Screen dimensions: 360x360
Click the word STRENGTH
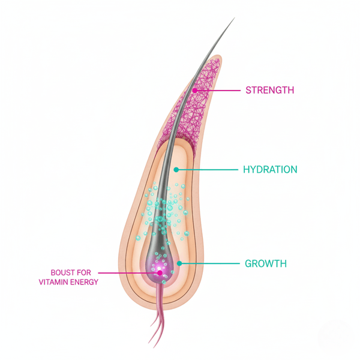tap(270, 90)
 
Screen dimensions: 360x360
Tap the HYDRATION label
tap(270, 169)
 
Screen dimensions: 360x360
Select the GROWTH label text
tap(266, 263)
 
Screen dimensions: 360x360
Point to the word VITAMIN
tap(53, 282)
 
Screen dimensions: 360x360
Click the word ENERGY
tap(84, 282)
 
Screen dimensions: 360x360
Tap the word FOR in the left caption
tap(84, 272)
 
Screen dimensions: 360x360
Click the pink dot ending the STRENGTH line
tap(195, 91)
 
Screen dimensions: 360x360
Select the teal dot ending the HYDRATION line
tap(176, 170)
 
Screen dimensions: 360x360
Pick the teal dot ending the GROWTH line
tap(179, 263)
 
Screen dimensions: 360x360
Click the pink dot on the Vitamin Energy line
tap(160, 273)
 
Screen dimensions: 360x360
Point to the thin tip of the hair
tap(235, 18)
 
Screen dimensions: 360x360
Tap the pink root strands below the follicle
tap(158, 317)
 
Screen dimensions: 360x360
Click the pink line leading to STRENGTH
tap(218, 91)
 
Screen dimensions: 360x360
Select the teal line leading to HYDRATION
tap(207, 170)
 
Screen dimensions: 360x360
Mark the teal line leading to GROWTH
tap(209, 263)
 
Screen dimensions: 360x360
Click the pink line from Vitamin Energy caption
tap(129, 273)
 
